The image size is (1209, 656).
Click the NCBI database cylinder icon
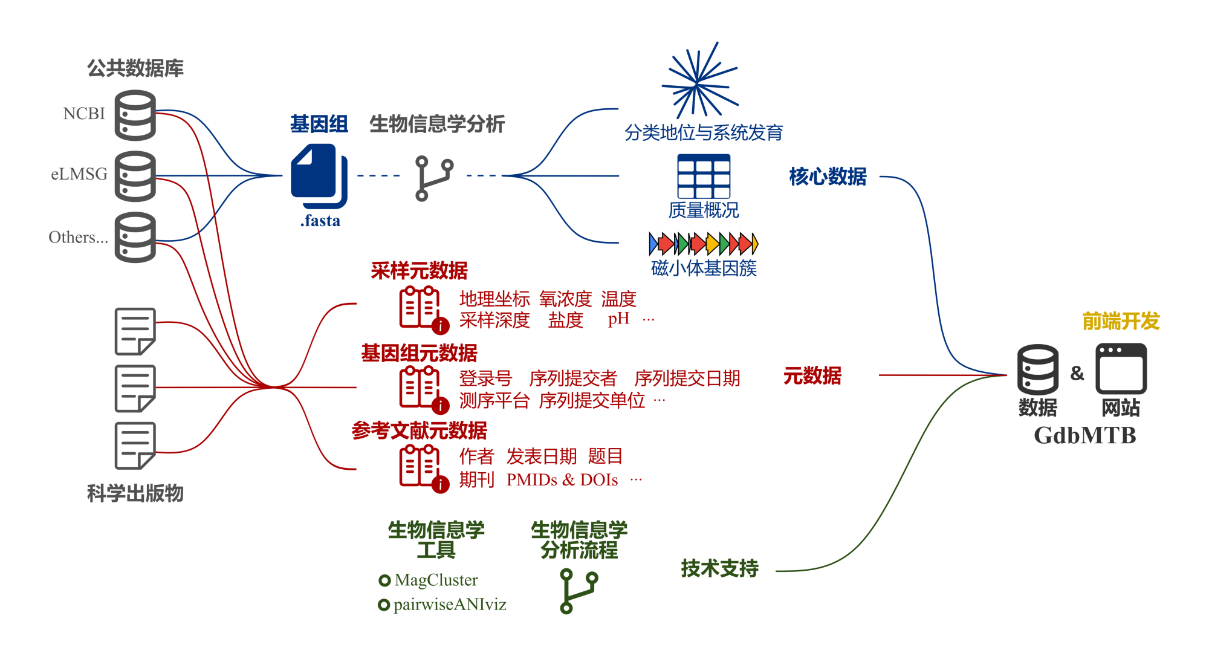(x=135, y=115)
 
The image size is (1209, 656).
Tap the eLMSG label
(x=79, y=174)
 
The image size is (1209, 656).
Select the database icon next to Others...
(x=135, y=237)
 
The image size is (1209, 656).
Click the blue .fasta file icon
(x=319, y=175)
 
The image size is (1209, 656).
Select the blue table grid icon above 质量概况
(x=704, y=176)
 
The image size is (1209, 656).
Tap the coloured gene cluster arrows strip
(x=703, y=244)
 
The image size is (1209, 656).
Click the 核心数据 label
(x=828, y=177)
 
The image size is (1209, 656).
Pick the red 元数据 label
(x=812, y=376)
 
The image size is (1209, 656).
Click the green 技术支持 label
(x=719, y=568)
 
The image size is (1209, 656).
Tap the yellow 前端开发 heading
(x=1121, y=321)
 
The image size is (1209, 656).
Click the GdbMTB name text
(x=1085, y=435)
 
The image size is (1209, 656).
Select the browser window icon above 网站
(x=1121, y=368)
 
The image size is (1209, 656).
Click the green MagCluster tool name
(x=436, y=580)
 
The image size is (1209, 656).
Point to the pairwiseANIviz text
(x=450, y=605)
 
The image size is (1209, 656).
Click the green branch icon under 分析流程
(x=579, y=591)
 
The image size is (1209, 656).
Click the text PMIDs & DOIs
(x=562, y=480)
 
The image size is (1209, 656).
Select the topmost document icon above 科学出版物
(x=135, y=331)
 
